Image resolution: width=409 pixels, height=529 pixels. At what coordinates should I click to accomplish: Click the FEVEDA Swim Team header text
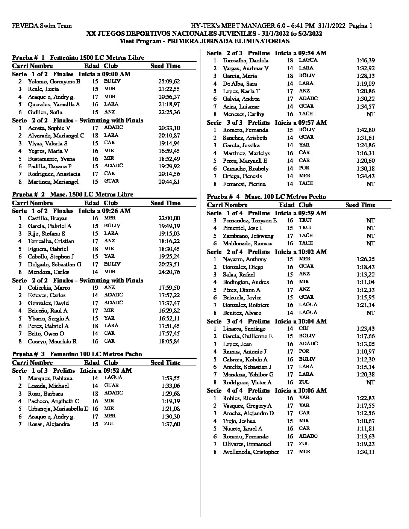click(42, 26)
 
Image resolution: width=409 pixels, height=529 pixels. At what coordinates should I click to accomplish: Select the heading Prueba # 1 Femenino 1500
click(78, 57)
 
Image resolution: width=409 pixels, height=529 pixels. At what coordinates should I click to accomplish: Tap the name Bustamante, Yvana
click(52, 159)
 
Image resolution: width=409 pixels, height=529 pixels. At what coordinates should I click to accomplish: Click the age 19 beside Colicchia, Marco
click(95, 288)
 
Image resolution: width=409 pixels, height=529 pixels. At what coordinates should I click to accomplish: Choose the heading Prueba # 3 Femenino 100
click(77, 354)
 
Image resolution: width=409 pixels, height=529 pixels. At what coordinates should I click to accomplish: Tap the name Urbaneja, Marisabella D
click(58, 409)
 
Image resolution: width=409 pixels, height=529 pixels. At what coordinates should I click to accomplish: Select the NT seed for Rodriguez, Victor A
click(370, 382)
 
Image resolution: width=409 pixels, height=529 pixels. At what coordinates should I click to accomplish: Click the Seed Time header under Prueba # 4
click(360, 205)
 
